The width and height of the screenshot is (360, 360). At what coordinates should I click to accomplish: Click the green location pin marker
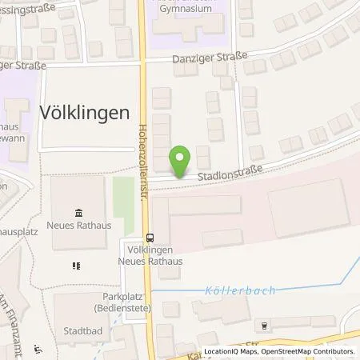tap(181, 160)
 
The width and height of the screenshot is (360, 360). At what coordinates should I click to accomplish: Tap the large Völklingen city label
tap(84, 113)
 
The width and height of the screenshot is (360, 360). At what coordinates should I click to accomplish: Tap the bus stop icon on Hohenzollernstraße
tap(149, 237)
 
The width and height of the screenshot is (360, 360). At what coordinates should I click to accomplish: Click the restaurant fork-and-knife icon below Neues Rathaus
tap(77, 265)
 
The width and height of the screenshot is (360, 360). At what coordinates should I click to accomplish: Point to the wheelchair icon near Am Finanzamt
tap(38, 348)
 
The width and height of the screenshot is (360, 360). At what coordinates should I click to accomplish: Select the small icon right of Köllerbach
tap(263, 325)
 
